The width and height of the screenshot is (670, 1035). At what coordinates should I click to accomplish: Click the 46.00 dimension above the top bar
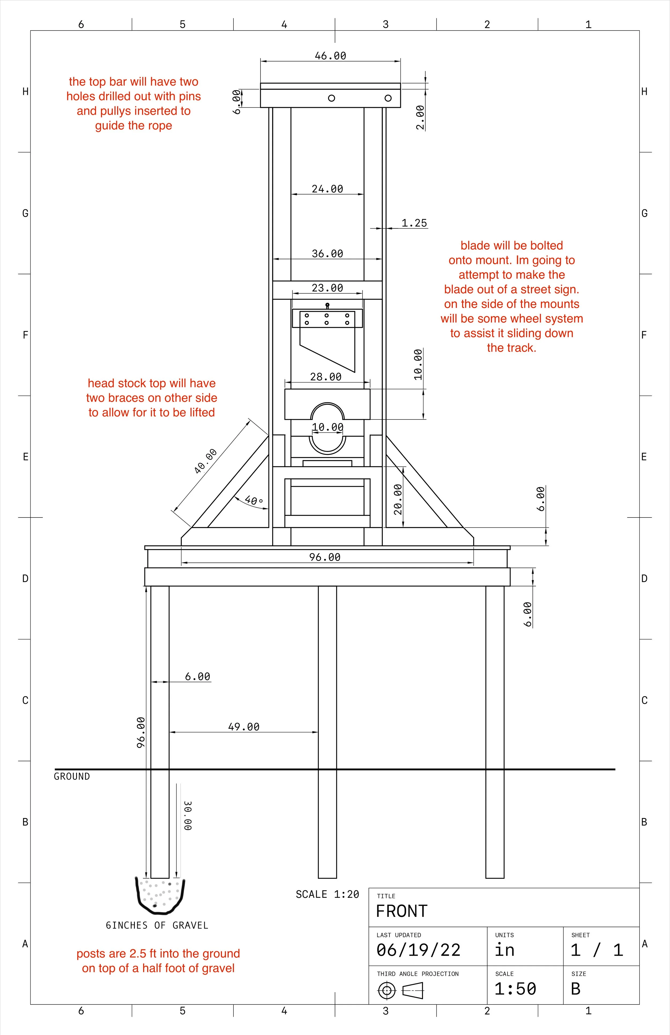pos(330,56)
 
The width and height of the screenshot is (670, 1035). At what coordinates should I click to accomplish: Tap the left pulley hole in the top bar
pos(332,98)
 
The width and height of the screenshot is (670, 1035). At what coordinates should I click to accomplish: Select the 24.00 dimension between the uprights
pos(327,189)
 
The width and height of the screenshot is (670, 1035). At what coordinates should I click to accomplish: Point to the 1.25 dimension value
pos(414,223)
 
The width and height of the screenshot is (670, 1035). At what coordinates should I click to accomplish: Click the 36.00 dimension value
pos(327,254)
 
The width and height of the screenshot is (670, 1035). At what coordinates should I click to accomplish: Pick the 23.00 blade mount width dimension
pos(327,288)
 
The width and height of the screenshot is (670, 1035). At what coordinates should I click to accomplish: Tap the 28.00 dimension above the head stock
pos(325,377)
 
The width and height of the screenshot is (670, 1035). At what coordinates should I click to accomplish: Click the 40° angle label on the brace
pos(254,500)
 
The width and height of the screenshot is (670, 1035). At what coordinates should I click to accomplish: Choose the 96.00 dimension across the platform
pos(325,557)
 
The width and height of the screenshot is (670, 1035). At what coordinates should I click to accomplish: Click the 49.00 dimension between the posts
pos(244,727)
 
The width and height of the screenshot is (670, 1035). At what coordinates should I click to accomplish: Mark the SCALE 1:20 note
pos(327,894)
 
